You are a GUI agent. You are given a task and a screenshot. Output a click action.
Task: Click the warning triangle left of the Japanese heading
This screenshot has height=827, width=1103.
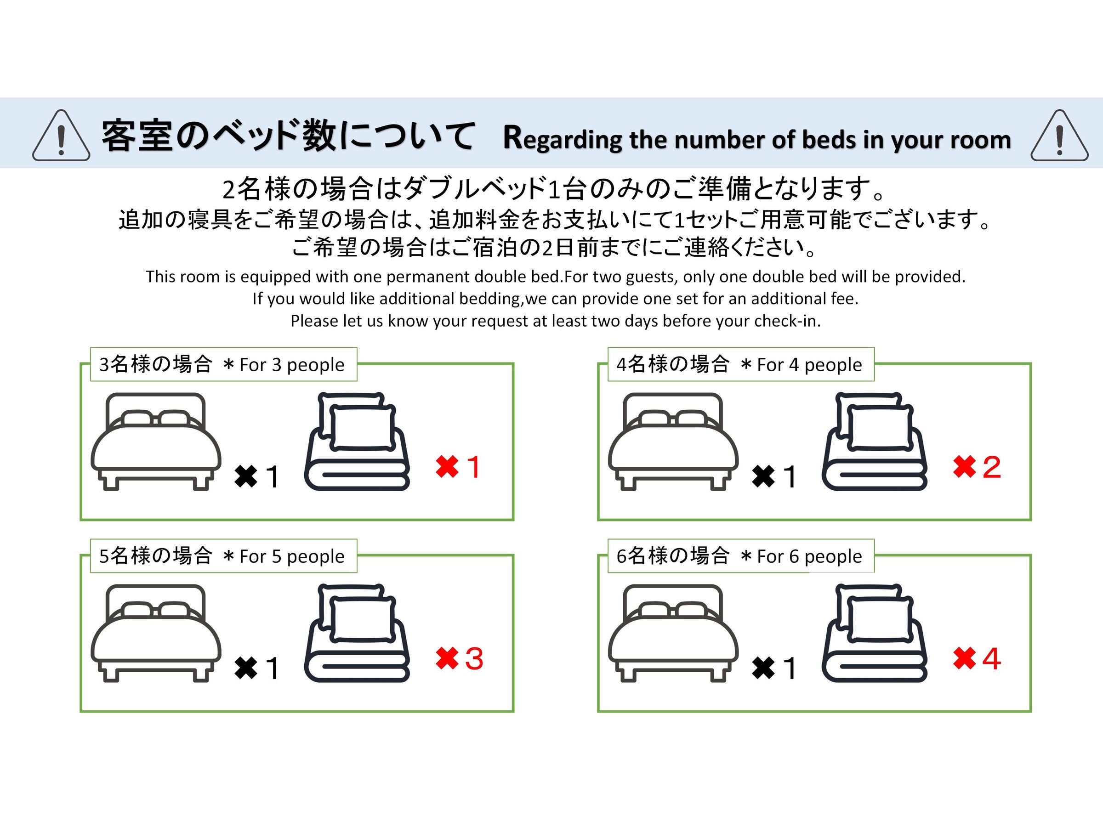(61, 135)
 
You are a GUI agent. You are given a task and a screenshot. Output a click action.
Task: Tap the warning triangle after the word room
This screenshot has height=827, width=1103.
(1060, 135)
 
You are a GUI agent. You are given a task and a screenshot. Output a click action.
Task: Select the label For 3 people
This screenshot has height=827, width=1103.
(292, 365)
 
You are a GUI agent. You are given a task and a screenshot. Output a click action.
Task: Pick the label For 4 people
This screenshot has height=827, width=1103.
(809, 365)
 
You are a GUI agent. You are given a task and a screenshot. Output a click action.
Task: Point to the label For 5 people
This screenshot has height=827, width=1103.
(292, 556)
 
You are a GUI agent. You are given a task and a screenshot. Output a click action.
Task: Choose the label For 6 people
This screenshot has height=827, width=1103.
(809, 556)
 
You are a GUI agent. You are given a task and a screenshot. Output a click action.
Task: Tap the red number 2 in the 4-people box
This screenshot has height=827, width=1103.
(992, 467)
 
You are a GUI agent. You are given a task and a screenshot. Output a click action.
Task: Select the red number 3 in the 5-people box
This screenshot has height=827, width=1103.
(474, 658)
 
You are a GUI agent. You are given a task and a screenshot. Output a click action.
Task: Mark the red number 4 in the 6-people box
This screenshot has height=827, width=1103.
(992, 658)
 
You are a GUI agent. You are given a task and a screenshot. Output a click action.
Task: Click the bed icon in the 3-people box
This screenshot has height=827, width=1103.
(156, 442)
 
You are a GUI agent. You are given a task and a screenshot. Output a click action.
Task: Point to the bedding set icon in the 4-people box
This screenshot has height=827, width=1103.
(875, 442)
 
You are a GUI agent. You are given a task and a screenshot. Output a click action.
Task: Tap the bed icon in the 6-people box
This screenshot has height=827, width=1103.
(673, 633)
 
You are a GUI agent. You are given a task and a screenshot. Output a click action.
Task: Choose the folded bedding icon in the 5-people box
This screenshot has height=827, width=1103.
(357, 633)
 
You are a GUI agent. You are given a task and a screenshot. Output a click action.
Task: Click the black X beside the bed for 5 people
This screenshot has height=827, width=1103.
(246, 668)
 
